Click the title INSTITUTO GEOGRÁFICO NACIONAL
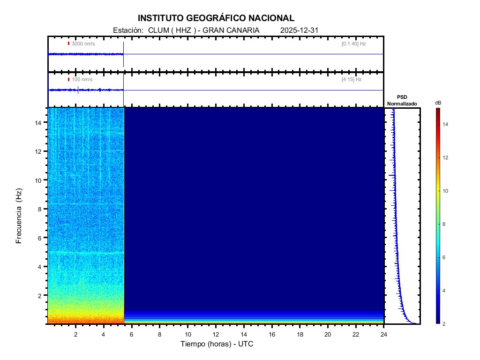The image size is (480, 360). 216,18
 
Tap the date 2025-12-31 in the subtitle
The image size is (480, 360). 300,30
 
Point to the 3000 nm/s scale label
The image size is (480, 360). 83,44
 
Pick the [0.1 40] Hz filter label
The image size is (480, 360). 353,44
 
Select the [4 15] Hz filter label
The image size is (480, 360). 352,80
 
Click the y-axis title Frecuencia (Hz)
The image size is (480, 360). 19,216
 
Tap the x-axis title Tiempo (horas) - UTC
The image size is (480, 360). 217,344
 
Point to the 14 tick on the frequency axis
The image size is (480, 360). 39,122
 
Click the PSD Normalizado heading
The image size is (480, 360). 402,100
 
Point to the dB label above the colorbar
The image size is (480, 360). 437,103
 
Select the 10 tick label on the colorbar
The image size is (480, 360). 446,191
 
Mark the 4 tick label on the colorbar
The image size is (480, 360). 445,291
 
